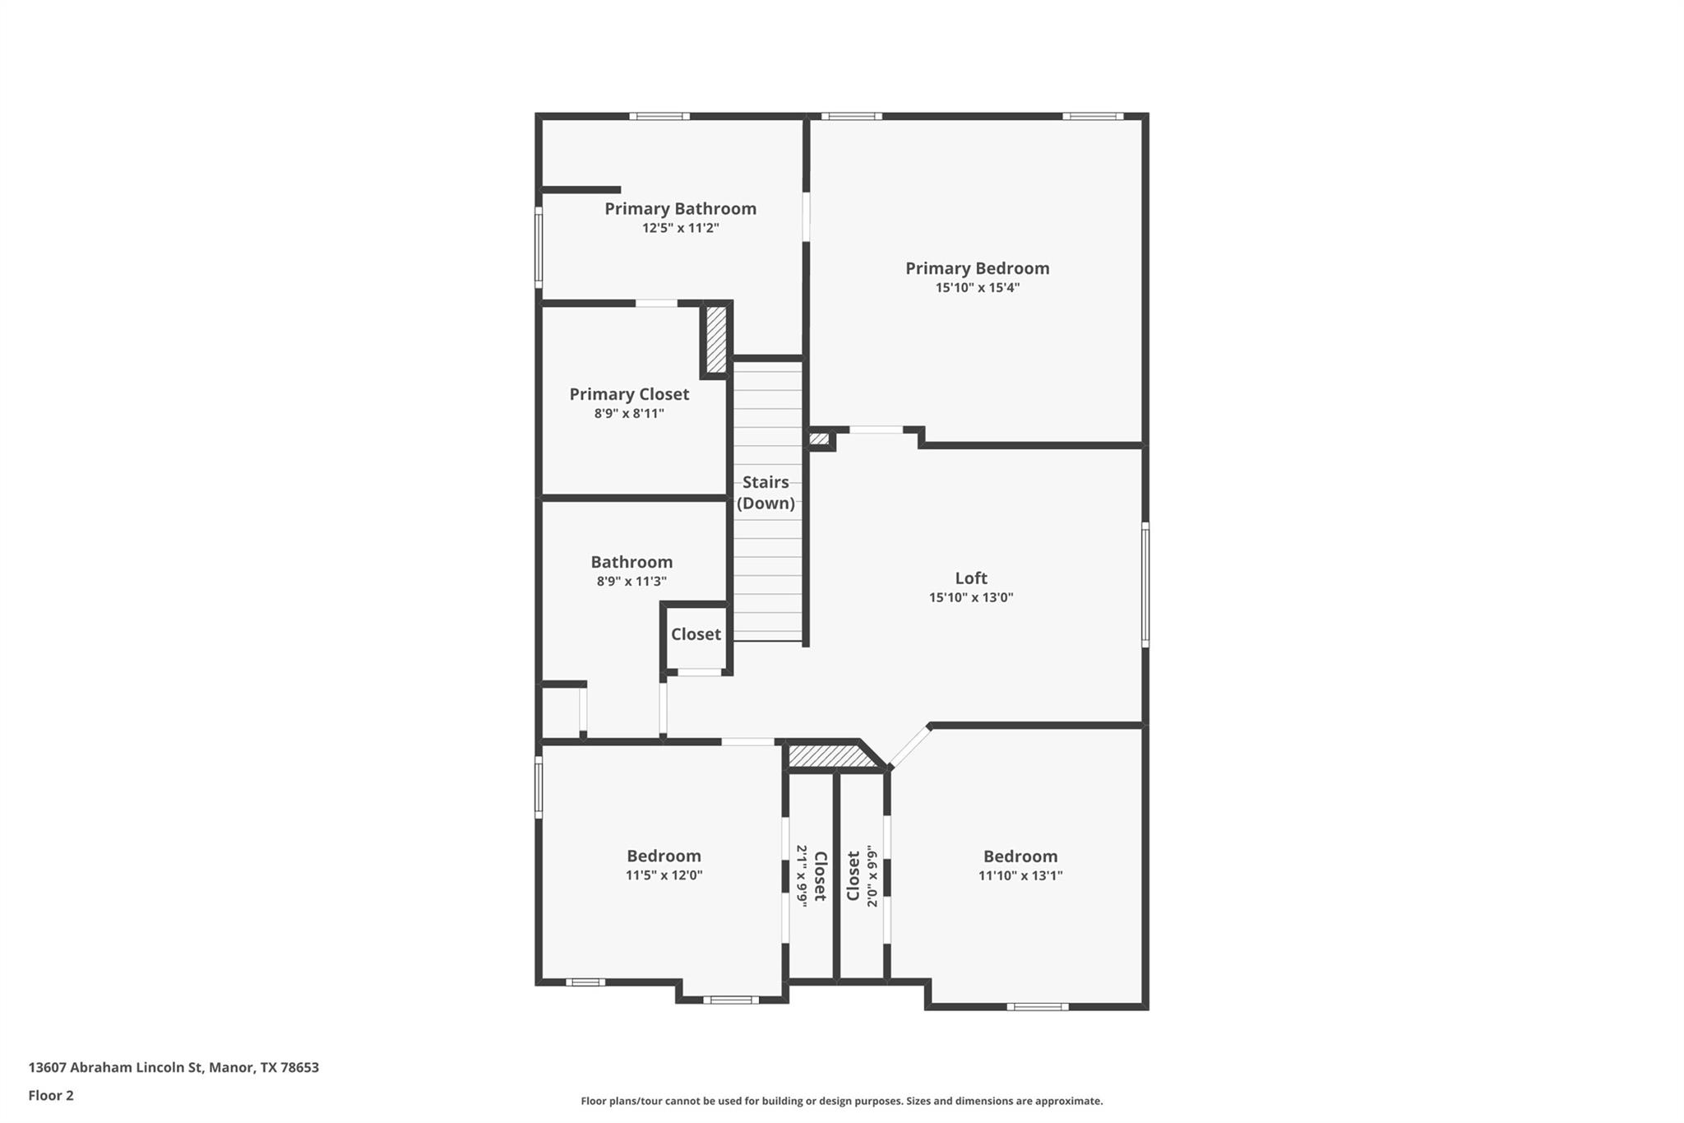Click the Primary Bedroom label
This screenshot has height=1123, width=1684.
click(977, 268)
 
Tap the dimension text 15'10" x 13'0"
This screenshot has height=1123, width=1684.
click(971, 598)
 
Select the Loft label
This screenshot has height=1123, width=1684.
click(971, 578)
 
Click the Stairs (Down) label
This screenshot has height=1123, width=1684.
click(766, 493)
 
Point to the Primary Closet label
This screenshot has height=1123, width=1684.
click(629, 394)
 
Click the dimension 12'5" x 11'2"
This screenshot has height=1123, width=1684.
click(680, 228)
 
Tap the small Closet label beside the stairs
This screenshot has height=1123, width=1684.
click(696, 634)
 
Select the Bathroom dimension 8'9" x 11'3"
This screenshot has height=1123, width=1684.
click(631, 582)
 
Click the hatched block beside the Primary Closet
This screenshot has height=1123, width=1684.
click(716, 339)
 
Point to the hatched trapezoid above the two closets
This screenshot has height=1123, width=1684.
click(830, 755)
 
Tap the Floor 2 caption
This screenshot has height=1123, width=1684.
click(51, 1095)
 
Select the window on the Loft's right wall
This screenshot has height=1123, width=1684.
click(1145, 584)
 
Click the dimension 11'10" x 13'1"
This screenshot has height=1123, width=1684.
click(1020, 875)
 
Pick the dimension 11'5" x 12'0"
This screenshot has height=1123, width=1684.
click(664, 875)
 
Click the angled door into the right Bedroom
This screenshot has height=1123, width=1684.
click(909, 747)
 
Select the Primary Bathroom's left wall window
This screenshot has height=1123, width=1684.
click(539, 247)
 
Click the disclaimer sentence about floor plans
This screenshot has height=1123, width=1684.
click(841, 1101)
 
